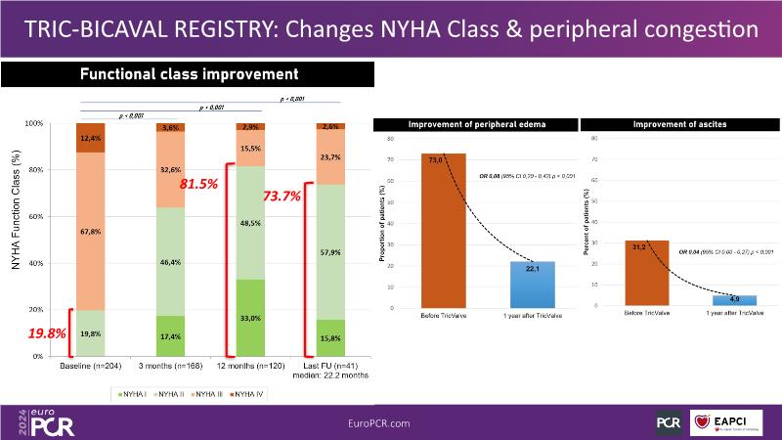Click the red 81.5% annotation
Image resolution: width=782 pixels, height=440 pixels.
pos(200,184)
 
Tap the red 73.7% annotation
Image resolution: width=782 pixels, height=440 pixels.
pos(282,196)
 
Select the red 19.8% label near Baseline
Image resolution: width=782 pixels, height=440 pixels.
pos(46,333)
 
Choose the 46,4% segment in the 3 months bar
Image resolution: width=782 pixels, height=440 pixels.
pos(171,262)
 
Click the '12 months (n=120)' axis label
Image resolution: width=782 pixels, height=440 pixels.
pos(251,367)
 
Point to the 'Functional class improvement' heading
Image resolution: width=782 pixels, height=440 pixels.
pos(189,74)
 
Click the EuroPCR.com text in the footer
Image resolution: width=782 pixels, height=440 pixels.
pos(378,422)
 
